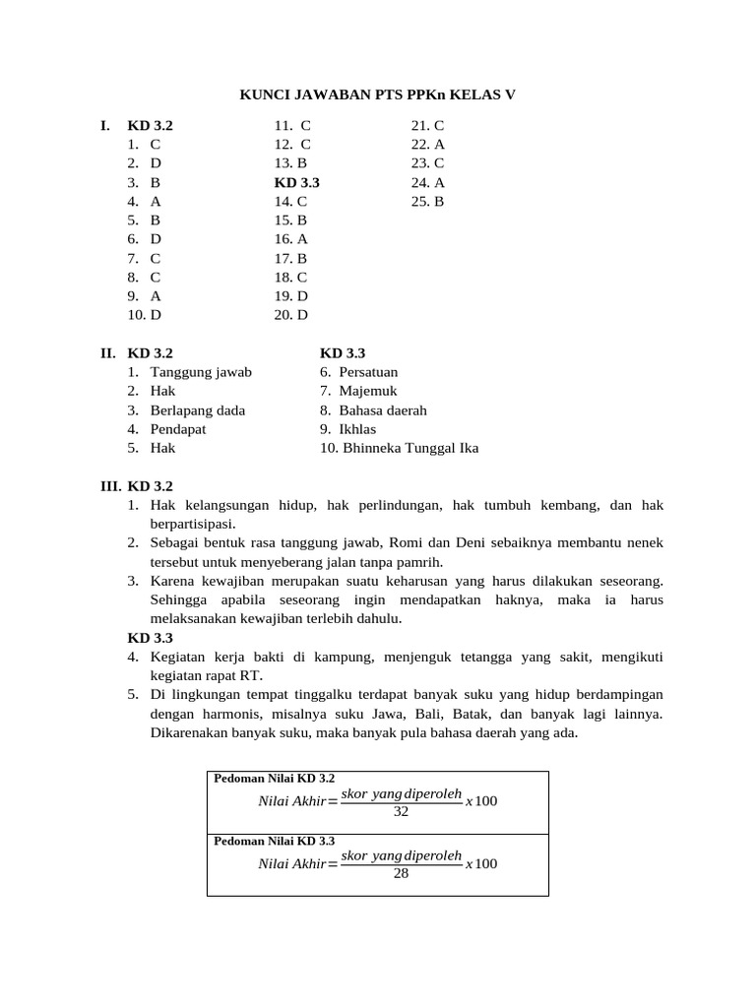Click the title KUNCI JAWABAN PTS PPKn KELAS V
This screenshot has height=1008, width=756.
(x=378, y=94)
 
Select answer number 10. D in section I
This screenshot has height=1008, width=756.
(x=144, y=315)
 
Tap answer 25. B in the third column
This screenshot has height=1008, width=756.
(x=428, y=201)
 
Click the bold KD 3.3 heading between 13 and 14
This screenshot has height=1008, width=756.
(x=296, y=182)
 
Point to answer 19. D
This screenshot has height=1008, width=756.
(x=291, y=295)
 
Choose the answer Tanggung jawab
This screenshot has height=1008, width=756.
(x=201, y=372)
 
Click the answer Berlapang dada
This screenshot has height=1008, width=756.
(x=198, y=409)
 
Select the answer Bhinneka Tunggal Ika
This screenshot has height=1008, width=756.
(x=409, y=448)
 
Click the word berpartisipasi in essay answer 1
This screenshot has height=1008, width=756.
(x=192, y=524)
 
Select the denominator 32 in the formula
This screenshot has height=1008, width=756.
(x=401, y=812)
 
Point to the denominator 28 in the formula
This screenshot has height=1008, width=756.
(x=401, y=873)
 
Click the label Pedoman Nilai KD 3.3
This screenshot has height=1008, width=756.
(x=275, y=841)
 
